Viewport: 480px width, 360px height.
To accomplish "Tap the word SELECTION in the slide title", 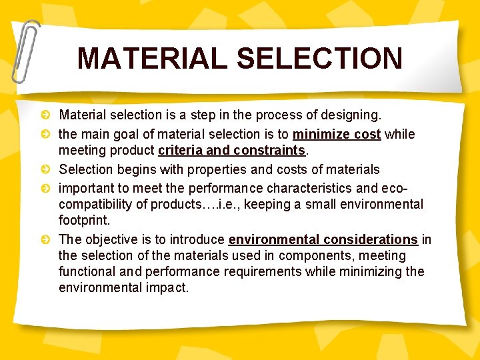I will click(319, 58).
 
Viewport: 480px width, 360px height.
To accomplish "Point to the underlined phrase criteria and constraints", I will click(231, 151).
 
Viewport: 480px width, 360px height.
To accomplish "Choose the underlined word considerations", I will click(372, 239).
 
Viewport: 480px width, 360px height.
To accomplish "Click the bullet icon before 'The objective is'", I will click(45, 239).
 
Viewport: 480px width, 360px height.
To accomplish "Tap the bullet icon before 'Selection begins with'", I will click(45, 170).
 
